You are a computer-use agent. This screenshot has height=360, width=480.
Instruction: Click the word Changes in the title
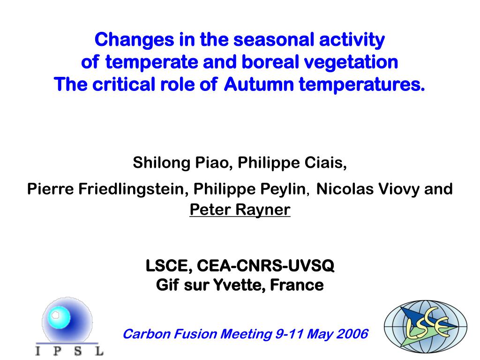click(135, 40)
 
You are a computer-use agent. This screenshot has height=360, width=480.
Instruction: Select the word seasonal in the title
click(274, 40)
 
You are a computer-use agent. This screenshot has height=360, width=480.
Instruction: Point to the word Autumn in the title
click(259, 84)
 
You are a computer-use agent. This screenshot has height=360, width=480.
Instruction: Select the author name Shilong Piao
click(180, 162)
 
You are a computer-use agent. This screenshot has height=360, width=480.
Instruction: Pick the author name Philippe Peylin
click(249, 188)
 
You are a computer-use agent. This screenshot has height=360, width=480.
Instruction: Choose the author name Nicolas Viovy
click(368, 188)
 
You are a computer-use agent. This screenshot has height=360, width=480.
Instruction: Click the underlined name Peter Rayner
click(240, 210)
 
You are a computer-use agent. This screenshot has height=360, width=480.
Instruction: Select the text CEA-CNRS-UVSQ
click(265, 265)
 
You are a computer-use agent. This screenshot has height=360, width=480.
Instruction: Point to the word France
click(297, 285)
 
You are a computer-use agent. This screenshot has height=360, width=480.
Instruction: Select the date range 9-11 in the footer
click(289, 334)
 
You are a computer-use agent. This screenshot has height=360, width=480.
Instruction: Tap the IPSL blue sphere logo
click(67, 319)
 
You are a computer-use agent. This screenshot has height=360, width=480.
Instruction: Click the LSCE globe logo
click(426, 326)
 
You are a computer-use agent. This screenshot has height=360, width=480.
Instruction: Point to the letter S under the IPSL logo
click(77, 351)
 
